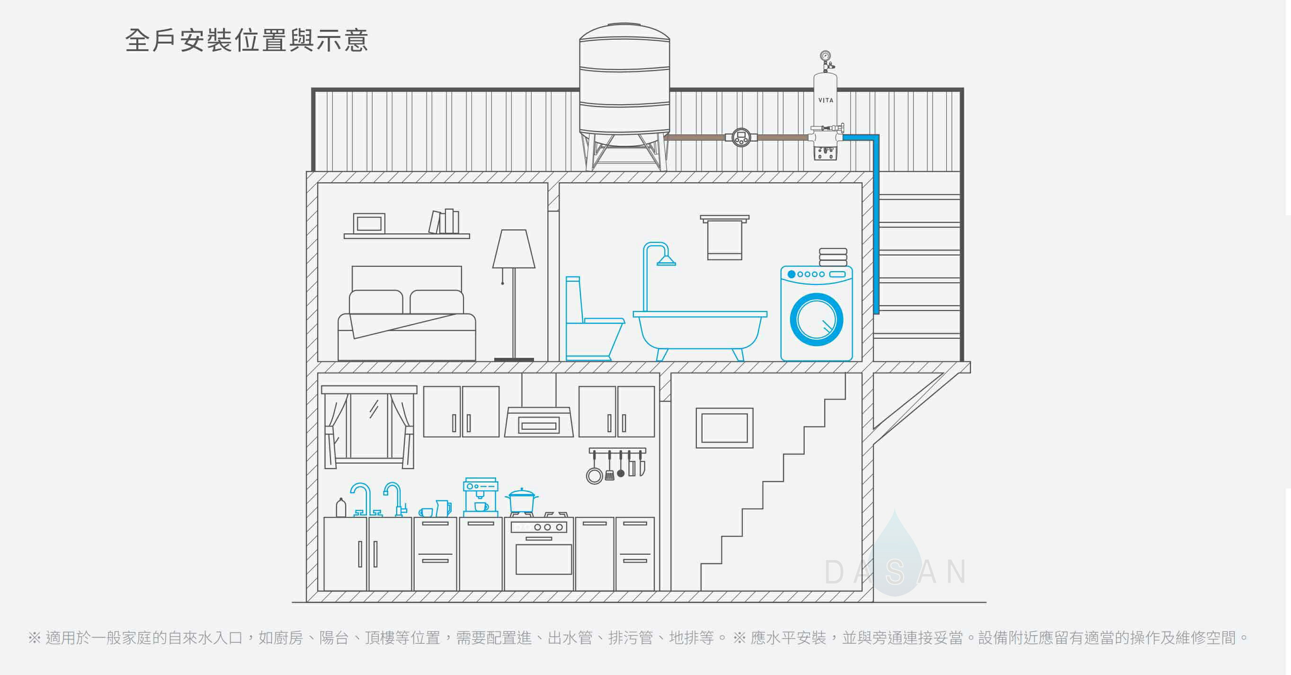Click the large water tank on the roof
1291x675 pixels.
pos(624,85)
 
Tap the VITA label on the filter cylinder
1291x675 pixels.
pos(826,100)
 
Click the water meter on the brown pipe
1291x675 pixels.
pos(741,137)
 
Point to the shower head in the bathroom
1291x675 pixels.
pos(666,260)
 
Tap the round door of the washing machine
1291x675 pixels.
pos(816,320)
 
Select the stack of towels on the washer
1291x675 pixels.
pos(833,257)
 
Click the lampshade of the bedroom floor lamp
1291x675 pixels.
pos(514,249)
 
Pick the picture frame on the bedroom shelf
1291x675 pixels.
pos(369,223)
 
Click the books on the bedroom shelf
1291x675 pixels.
pos(444,222)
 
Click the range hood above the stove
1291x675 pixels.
pos(539,421)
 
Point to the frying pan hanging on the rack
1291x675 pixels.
pos(595,475)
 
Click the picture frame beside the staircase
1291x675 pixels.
pos(724,428)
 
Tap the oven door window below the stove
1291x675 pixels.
pos(543,559)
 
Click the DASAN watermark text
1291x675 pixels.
pos(896,572)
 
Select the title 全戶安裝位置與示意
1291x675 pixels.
pos(247,41)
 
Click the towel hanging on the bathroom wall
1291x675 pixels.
pos(725,240)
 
